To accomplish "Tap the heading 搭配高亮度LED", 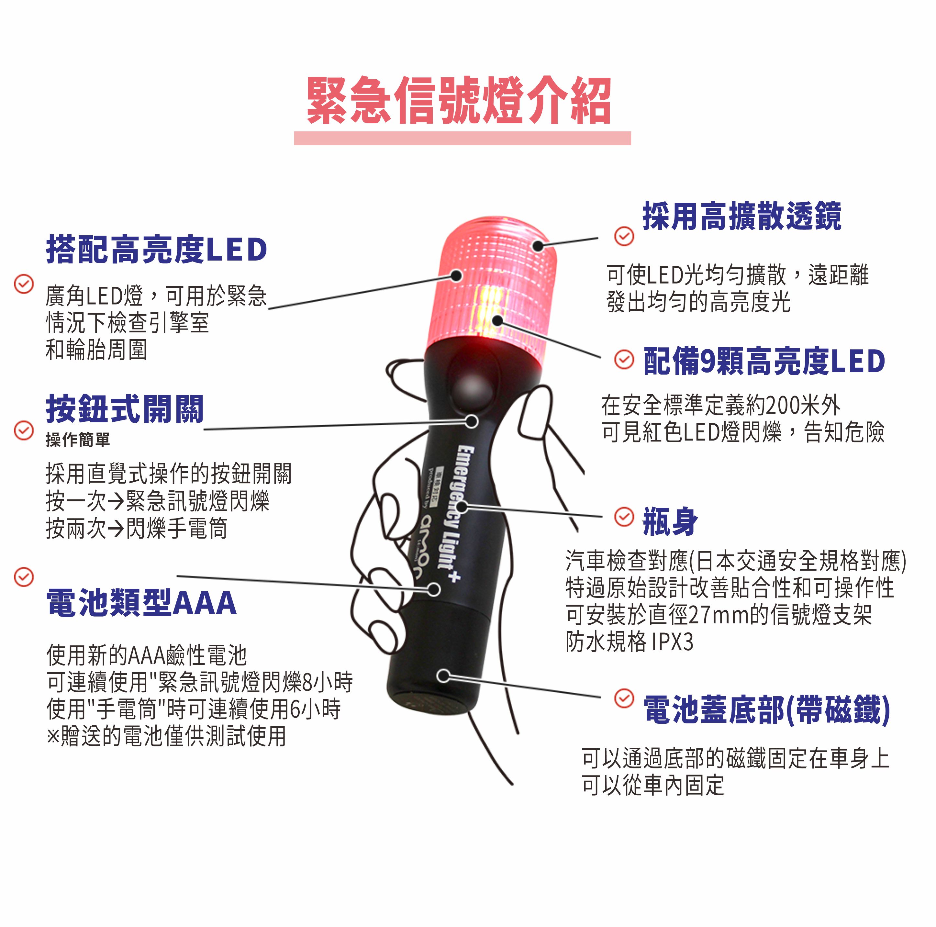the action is point(156,250).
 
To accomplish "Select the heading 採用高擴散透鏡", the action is point(742,216).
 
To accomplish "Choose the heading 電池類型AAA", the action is point(141,602).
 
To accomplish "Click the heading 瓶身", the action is point(670,522).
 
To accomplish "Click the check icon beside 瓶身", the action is point(624,517).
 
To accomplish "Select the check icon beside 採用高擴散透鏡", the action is point(624,236).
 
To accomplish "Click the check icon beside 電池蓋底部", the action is point(624,698).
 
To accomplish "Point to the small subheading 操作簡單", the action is point(78,440).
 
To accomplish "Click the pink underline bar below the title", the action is point(462,138).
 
